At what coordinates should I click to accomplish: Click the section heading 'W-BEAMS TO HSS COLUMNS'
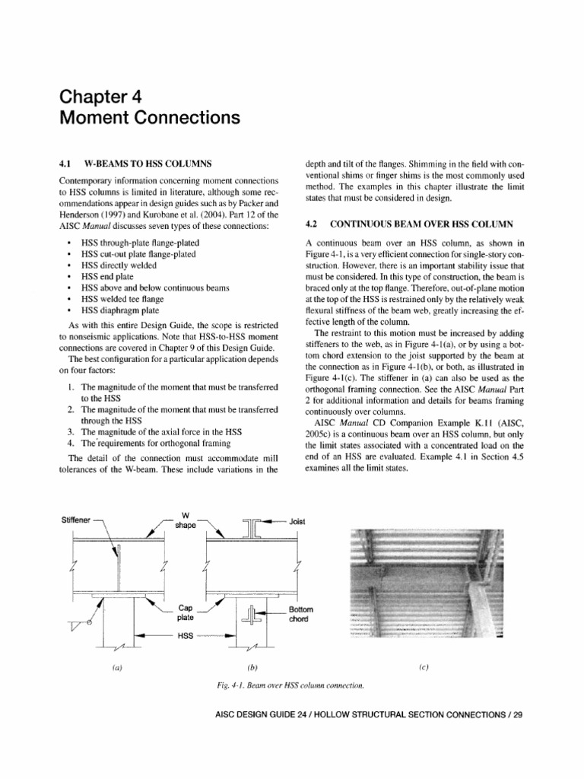tap(148, 164)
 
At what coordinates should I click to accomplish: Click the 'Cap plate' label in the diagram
tap(186, 613)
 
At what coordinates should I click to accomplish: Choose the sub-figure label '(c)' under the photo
tap(424, 667)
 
